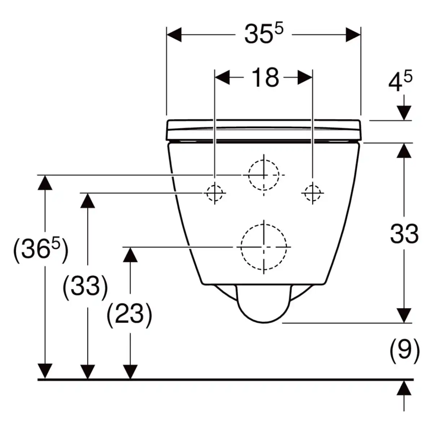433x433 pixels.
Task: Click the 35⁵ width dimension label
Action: [264, 34]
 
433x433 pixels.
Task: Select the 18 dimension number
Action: [265, 78]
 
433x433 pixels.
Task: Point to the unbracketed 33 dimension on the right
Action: [404, 234]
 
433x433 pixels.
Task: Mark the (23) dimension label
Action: [130, 314]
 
